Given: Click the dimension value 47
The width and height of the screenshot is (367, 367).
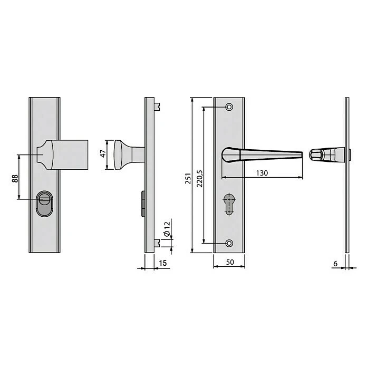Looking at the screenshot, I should point(103,154).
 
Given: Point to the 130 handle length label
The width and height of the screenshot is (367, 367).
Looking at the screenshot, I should point(262,172).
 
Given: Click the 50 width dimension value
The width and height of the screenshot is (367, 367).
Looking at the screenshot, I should point(229,261).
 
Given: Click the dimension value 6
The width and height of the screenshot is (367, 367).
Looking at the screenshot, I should point(335,262).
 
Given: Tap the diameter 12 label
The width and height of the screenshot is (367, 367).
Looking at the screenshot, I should point(166,228).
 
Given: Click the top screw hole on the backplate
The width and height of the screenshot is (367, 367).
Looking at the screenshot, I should point(229,107).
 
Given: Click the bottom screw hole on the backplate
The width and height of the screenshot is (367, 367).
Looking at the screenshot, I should point(229,243).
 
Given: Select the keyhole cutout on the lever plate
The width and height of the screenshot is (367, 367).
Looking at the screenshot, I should point(229,204).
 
